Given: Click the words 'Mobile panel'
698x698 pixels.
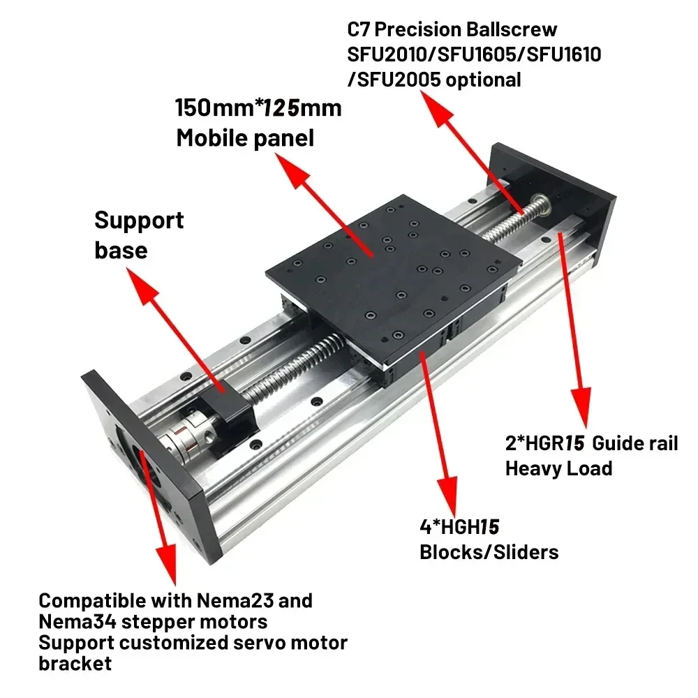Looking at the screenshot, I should tap(245, 138).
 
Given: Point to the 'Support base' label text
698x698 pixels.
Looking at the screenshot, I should tap(138, 234).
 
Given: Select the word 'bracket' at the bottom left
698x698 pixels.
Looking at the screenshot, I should tap(75, 662).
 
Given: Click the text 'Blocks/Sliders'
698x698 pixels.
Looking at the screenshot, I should tap(489, 552).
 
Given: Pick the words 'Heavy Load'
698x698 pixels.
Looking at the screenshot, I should tap(558, 468).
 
